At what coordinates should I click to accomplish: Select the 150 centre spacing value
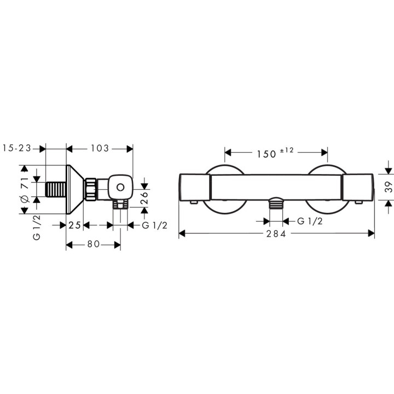click(266, 154)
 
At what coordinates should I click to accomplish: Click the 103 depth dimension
click(100, 148)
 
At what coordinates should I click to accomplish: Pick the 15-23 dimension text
click(16, 148)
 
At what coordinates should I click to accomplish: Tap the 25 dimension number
click(74, 225)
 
